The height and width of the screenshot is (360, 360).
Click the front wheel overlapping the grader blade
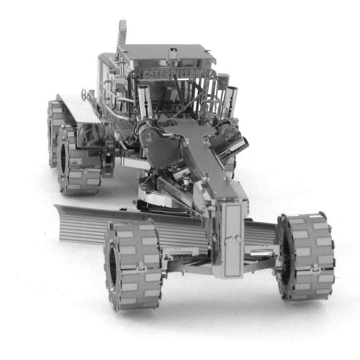click(133, 265)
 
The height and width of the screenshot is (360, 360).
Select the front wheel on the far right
click(305, 256)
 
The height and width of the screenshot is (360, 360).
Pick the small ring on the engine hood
click(84, 94)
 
